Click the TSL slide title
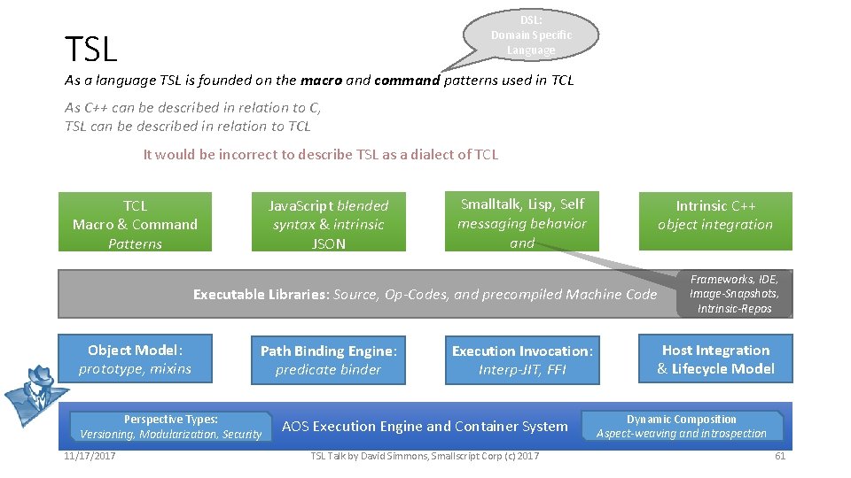[91, 50]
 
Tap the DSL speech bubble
[532, 35]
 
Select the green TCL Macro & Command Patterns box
[135, 224]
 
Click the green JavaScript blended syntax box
[329, 224]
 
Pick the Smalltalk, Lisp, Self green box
[522, 222]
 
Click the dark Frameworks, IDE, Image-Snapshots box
[734, 294]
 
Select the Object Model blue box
[135, 358]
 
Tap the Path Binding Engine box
[329, 360]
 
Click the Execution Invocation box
[522, 360]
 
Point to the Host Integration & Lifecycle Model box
[715, 359]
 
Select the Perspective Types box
[170, 427]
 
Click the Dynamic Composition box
[682, 426]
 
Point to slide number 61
[780, 456]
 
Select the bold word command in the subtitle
[407, 81]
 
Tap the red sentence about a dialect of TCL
[321, 154]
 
